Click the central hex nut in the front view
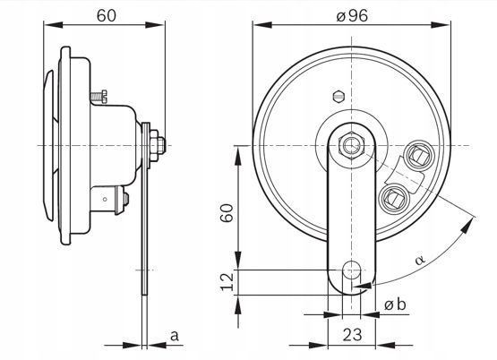[x=351, y=143]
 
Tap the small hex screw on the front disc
[x=337, y=93]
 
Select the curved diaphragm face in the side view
[x=45, y=143]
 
